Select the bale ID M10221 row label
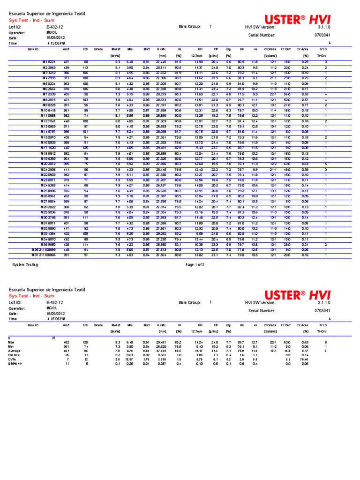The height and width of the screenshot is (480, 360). (x=49, y=62)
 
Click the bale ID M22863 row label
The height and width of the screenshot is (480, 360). (x=49, y=67)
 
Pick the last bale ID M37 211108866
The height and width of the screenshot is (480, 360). (x=45, y=255)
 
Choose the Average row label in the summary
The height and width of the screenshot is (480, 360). (x=15, y=350)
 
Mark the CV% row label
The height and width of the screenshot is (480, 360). (x=12, y=359)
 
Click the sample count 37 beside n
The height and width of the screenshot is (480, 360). (x=53, y=337)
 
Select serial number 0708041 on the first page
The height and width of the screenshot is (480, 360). (x=322, y=35)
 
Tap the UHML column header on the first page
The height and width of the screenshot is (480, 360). (x=161, y=49)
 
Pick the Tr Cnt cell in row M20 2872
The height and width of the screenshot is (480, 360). (x=286, y=164)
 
